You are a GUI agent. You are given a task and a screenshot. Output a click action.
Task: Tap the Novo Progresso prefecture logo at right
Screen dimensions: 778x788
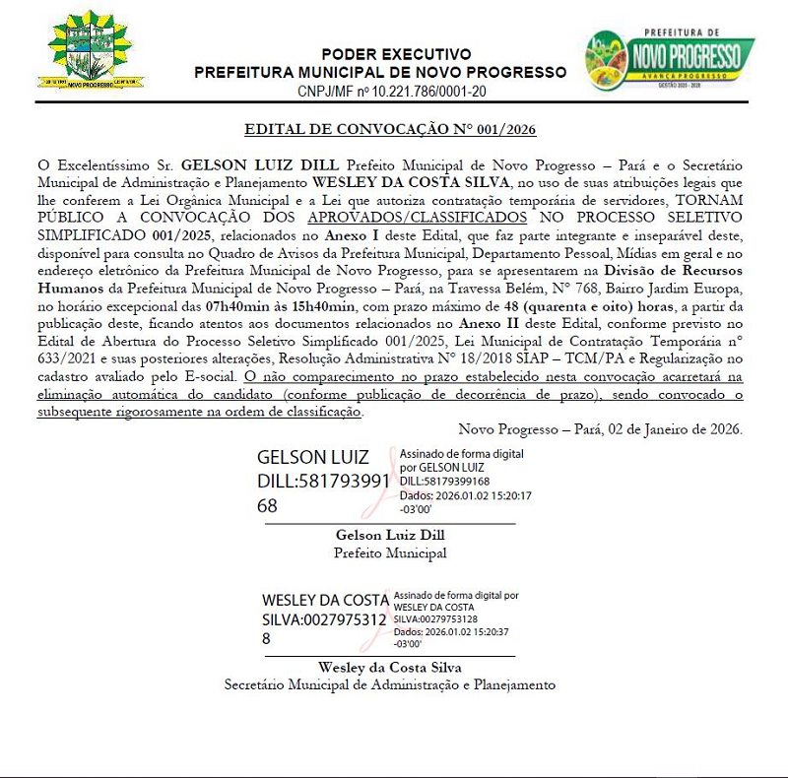pyautogui.click(x=669, y=60)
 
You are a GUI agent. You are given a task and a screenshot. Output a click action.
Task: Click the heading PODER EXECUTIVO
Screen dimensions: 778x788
pyautogui.click(x=396, y=54)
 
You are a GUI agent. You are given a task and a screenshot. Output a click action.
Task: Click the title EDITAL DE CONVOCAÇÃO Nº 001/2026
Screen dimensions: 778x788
pyautogui.click(x=390, y=129)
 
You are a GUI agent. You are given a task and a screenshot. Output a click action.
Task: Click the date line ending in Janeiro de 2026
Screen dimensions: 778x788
pyautogui.click(x=601, y=429)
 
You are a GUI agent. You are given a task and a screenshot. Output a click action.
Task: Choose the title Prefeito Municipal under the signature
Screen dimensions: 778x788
pyautogui.click(x=390, y=552)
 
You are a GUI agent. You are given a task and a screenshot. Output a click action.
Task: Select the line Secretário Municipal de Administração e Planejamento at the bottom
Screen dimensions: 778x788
pyautogui.click(x=390, y=684)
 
